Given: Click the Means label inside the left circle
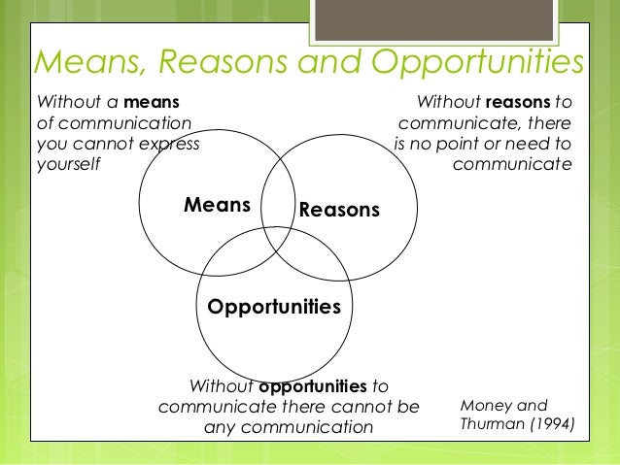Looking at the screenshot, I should [x=218, y=205].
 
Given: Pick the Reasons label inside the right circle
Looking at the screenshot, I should [x=338, y=210].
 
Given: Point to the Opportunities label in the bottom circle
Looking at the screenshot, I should [x=274, y=307].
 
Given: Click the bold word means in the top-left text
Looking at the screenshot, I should [x=151, y=102].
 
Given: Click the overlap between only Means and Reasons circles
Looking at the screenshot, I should [x=279, y=184].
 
